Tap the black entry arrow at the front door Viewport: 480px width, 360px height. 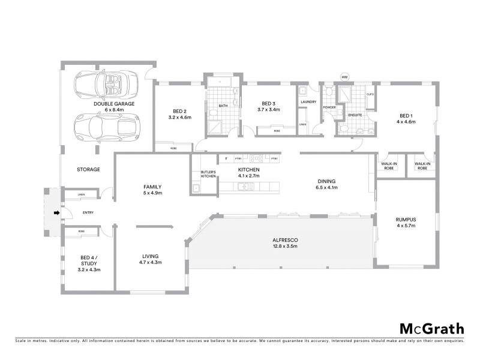coord(57,212)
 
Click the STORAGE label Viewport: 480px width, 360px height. coord(88,169)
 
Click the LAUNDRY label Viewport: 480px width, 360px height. coord(308,103)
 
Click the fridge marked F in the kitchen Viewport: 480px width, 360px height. coord(226,158)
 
